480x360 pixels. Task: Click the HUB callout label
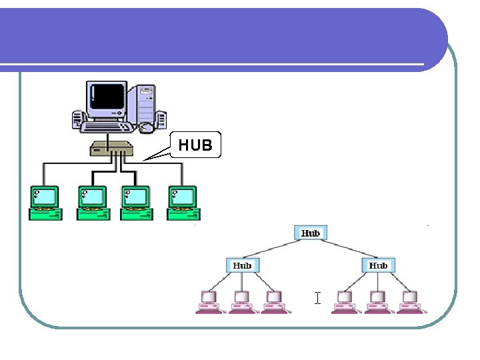(x=195, y=145)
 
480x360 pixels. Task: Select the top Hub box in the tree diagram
(x=311, y=233)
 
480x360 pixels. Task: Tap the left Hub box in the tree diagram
(x=242, y=265)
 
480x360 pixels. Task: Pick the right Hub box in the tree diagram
(x=378, y=265)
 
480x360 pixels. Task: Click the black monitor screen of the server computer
(x=107, y=98)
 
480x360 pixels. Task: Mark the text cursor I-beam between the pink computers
(x=318, y=298)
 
